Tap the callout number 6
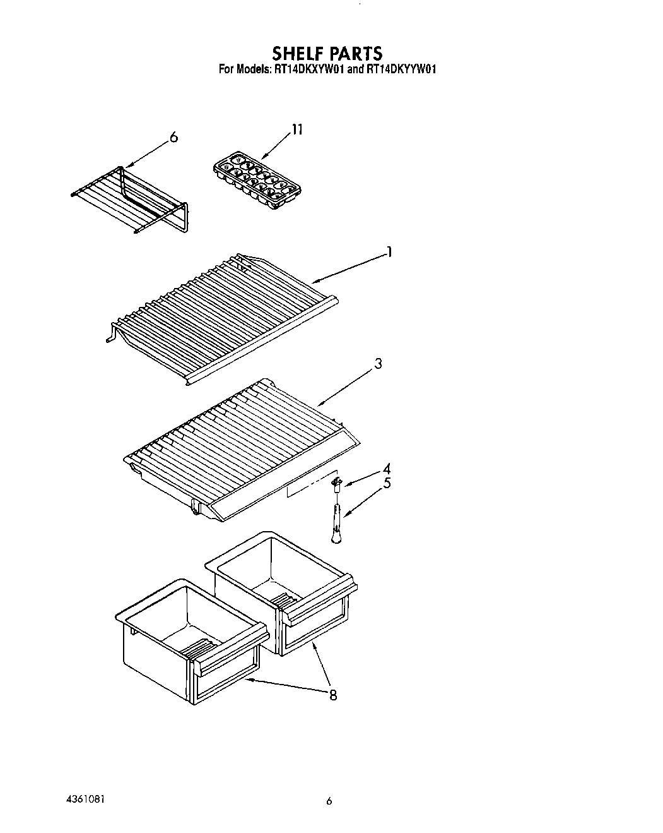(x=174, y=137)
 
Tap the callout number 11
(x=296, y=130)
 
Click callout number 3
(x=378, y=364)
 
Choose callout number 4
(x=386, y=469)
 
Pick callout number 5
(x=386, y=484)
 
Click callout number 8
(x=332, y=695)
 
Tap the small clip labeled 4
(x=337, y=484)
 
